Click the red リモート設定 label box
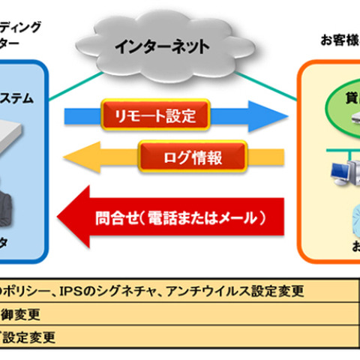[x=154, y=116]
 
